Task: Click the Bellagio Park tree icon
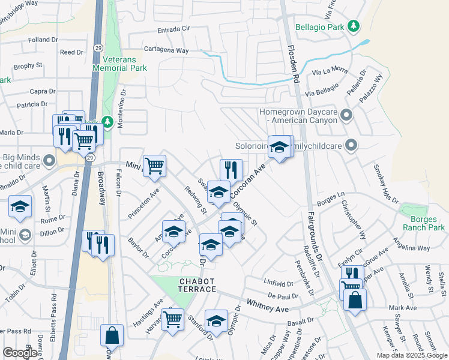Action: coord(354,26)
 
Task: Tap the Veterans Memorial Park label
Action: coord(120,64)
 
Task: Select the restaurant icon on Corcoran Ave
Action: coord(231,170)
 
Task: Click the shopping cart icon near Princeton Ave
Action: coord(155,165)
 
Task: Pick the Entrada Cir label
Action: coord(177,30)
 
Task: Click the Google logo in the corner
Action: coord(20,353)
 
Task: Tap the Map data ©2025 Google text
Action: coord(411,355)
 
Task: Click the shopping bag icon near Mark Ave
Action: coord(355,299)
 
